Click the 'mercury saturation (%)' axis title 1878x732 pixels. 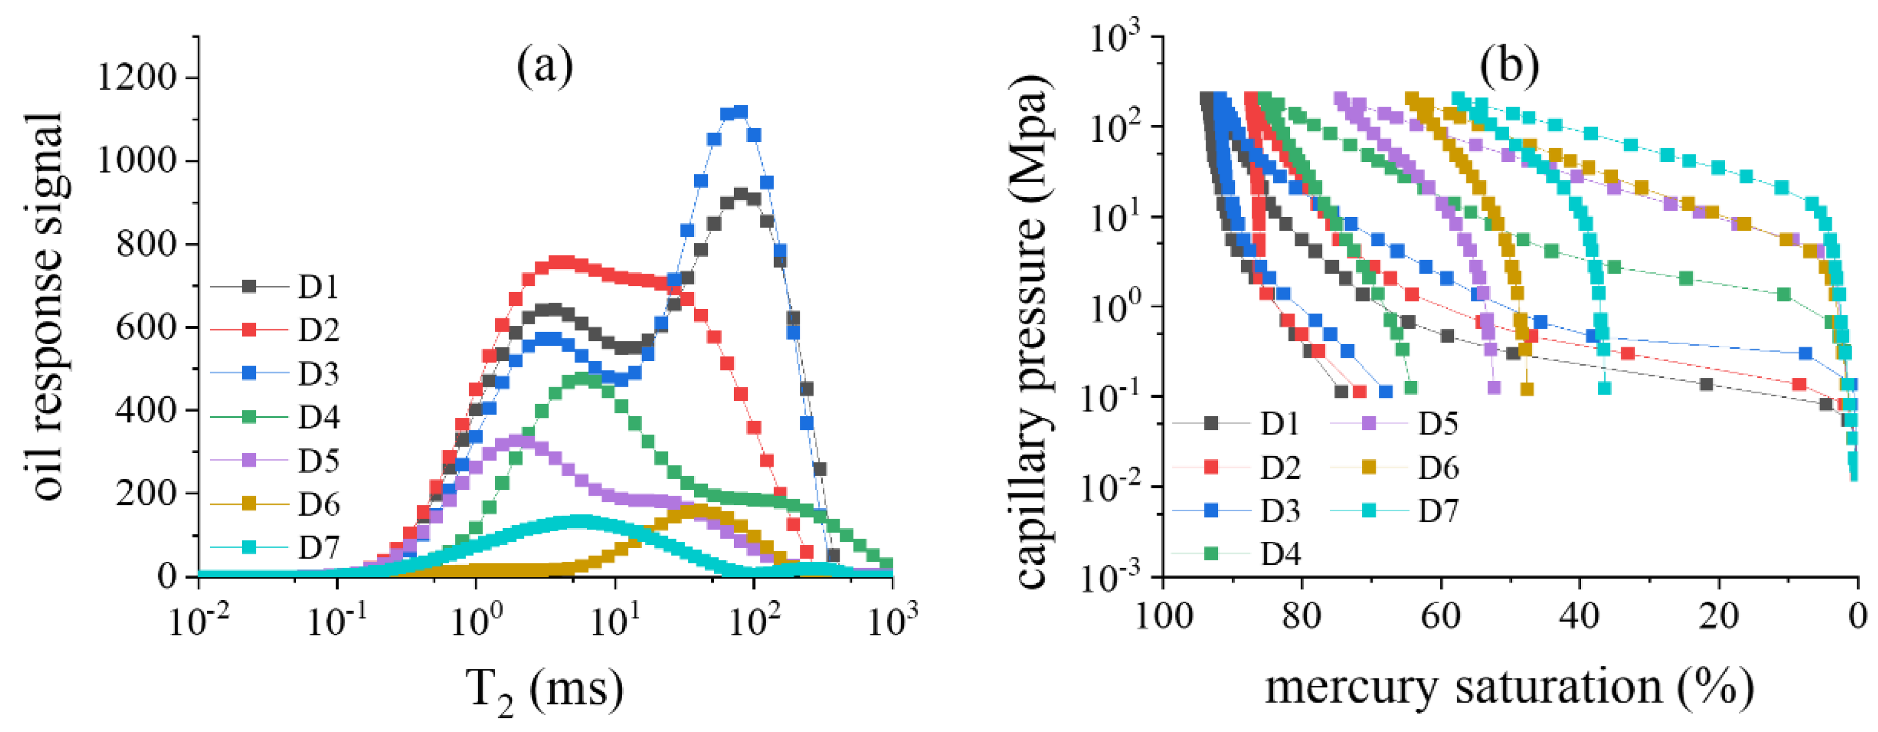pos(1509,688)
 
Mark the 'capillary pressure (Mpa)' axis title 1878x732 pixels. pos(1031,332)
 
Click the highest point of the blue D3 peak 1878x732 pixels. pos(741,111)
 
